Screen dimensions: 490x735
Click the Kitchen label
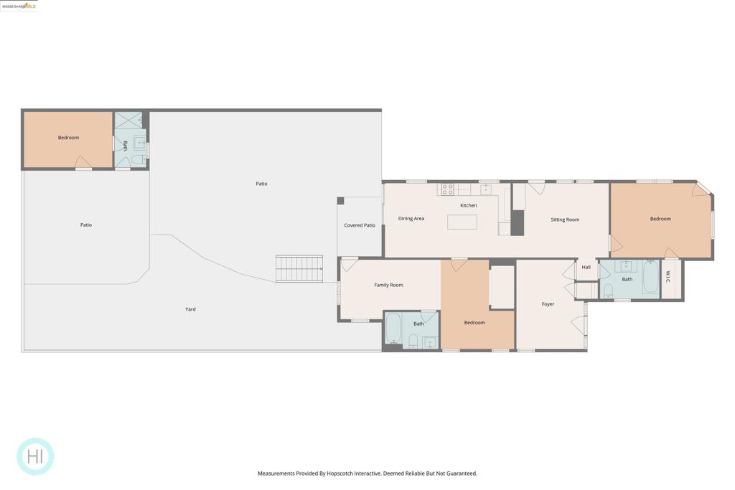pos(469,205)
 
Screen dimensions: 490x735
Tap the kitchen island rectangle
pos(462,222)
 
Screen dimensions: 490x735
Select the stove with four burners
pos(447,189)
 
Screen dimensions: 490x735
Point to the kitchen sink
pos(486,189)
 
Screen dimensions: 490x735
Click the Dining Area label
pos(411,218)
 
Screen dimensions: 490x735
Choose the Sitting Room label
pos(565,220)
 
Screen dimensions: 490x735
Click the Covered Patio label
pos(360,225)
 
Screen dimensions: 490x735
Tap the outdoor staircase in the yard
pos(299,269)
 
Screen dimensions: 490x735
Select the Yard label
pos(190,309)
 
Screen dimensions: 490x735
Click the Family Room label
pos(388,285)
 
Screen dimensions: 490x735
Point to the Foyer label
pos(548,304)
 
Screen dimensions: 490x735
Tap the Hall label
pos(586,267)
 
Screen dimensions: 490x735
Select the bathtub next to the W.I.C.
pos(650,278)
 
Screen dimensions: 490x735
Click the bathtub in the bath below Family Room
pos(393,330)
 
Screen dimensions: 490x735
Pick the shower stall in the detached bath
pos(128,120)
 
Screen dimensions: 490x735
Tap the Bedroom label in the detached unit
pos(68,138)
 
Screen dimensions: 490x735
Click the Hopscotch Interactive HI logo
pos(35,456)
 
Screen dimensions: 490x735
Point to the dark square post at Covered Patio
pos(340,201)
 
